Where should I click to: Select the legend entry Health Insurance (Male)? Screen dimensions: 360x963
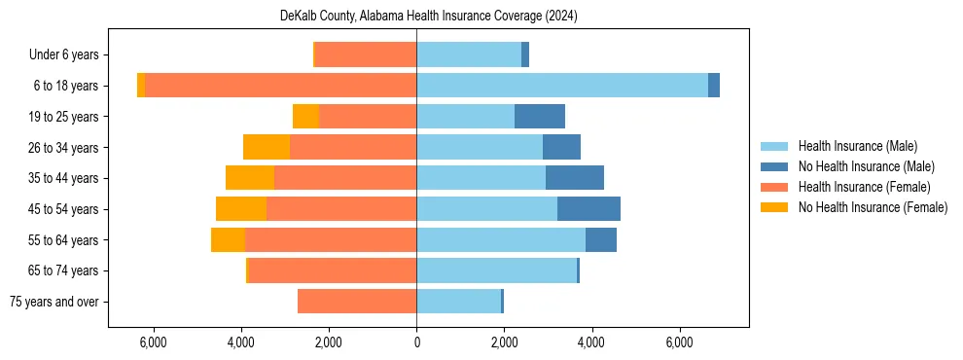[x=857, y=146]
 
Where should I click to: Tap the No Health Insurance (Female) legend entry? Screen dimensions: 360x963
[x=873, y=207]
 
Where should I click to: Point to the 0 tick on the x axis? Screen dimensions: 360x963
[x=416, y=342]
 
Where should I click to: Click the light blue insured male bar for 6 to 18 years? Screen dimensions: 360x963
[x=562, y=86]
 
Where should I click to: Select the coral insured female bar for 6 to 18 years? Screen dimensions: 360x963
[x=280, y=86]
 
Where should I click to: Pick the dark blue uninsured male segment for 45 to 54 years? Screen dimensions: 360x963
[x=588, y=209]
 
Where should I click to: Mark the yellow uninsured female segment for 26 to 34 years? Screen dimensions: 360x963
[x=267, y=147]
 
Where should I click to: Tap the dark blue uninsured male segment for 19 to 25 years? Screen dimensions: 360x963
[x=540, y=117]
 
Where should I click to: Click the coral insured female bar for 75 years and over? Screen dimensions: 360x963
[x=357, y=302]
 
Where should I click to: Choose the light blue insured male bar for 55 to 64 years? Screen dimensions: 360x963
[x=501, y=239]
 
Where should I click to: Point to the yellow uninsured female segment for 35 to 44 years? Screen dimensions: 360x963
[x=250, y=178]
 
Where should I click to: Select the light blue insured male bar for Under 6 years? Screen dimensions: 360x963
[x=469, y=55]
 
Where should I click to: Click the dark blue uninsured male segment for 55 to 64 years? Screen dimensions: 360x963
[x=601, y=239]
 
